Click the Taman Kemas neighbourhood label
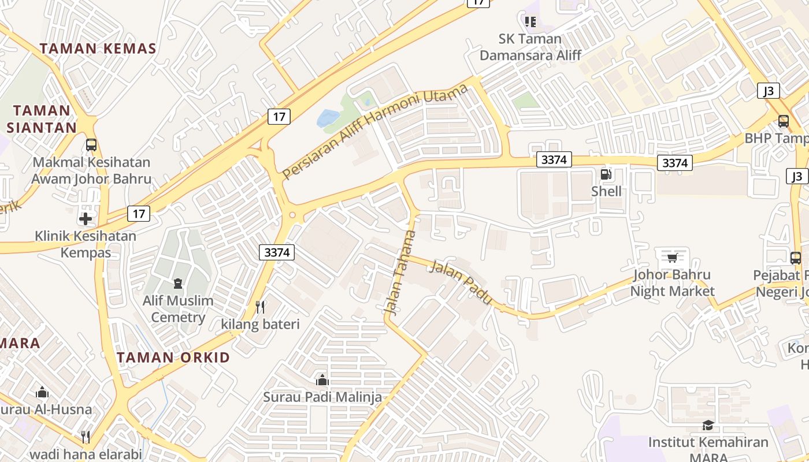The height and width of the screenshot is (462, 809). click(x=98, y=49)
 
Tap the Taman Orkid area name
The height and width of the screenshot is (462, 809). click(x=173, y=357)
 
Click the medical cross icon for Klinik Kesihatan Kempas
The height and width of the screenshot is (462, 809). click(x=86, y=219)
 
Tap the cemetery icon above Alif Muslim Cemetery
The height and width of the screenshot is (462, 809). click(x=177, y=283)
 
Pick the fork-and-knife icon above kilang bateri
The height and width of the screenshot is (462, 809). click(x=260, y=307)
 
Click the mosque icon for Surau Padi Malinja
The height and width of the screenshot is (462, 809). click(x=322, y=380)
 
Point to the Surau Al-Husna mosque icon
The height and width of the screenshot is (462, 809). click(x=42, y=393)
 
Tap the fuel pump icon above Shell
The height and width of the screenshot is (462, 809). click(x=606, y=174)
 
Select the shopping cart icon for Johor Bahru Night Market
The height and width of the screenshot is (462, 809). click(x=672, y=258)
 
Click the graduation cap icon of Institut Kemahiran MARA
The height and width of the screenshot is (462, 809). click(x=708, y=426)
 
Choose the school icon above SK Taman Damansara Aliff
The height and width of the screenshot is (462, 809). click(x=530, y=22)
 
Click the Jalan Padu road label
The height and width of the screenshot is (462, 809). click(x=461, y=282)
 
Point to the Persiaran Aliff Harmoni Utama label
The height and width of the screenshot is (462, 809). click(x=375, y=132)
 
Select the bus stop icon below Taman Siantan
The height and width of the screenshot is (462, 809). click(x=91, y=144)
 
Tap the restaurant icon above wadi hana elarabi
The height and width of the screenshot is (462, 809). click(x=86, y=437)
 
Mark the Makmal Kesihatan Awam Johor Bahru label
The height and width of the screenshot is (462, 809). click(x=91, y=170)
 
